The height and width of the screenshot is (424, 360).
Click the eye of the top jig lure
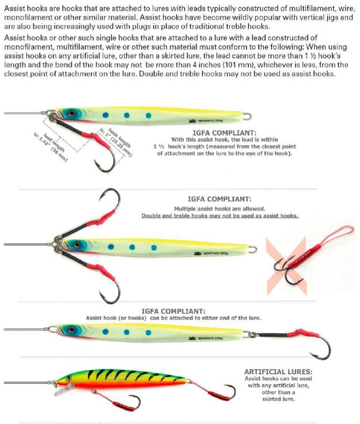tap(71, 113)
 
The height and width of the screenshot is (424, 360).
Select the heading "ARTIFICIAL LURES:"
tap(278, 372)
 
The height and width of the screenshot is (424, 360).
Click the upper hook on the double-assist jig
tap(110, 199)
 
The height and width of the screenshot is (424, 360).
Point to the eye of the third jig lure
tap(71, 329)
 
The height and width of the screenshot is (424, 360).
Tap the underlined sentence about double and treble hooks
tap(220, 216)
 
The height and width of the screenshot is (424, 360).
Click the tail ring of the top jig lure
tap(247, 116)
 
